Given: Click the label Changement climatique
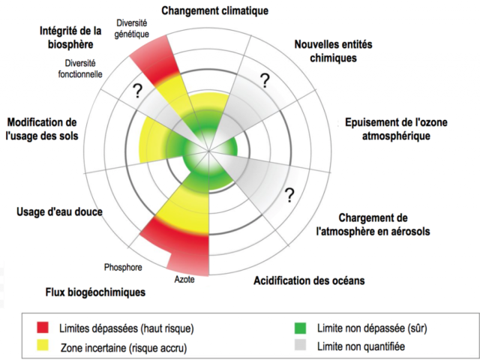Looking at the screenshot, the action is click(x=215, y=11).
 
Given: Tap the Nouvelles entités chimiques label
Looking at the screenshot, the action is click(x=333, y=51).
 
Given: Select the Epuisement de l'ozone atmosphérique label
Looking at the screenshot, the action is click(x=396, y=129).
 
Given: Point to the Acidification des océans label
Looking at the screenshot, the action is click(x=309, y=280).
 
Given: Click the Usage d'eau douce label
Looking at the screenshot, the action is click(x=59, y=211).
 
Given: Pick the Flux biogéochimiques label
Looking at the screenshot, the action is click(x=95, y=292).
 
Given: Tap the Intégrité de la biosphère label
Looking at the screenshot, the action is click(x=70, y=37).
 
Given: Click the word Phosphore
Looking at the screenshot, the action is click(x=123, y=267).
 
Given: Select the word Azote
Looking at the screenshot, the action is click(x=184, y=280).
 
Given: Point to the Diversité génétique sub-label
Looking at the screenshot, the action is click(x=132, y=28).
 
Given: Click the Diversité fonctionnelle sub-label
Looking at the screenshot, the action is click(x=80, y=68).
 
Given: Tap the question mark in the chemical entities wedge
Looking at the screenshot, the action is click(x=265, y=80).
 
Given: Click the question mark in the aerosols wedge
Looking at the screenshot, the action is click(x=289, y=195).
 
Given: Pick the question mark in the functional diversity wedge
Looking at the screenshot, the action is click(x=137, y=91).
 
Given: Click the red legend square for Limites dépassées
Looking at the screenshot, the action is click(x=43, y=327).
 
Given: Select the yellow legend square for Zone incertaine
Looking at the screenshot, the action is click(x=43, y=345).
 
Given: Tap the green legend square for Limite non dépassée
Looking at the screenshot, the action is click(x=300, y=328).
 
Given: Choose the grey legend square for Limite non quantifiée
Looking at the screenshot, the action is click(x=300, y=345).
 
